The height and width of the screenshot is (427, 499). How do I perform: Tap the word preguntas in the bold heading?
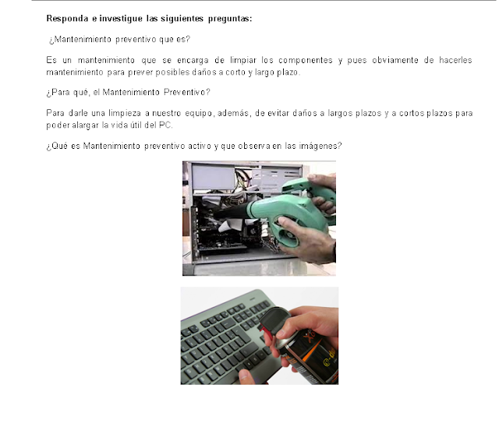pyautogui.click(x=230, y=19)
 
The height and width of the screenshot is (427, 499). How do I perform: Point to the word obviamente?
pyautogui.click(x=395, y=60)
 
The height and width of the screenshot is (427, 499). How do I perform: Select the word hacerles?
pyautogui.click(x=455, y=60)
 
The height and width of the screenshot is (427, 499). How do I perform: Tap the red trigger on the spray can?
pyautogui.click(x=267, y=333)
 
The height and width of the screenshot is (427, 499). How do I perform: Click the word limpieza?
pyautogui.click(x=125, y=114)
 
